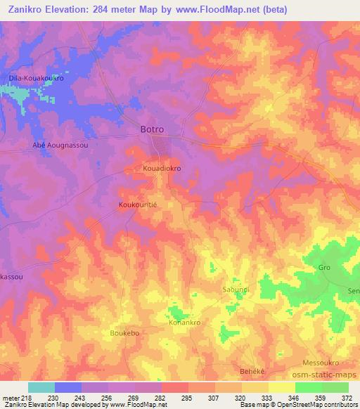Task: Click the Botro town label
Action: coord(153,129)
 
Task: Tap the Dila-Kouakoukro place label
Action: coord(36,78)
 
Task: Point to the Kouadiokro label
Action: coord(162,169)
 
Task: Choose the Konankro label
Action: coord(186,323)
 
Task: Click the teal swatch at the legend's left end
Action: coord(41,387)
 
